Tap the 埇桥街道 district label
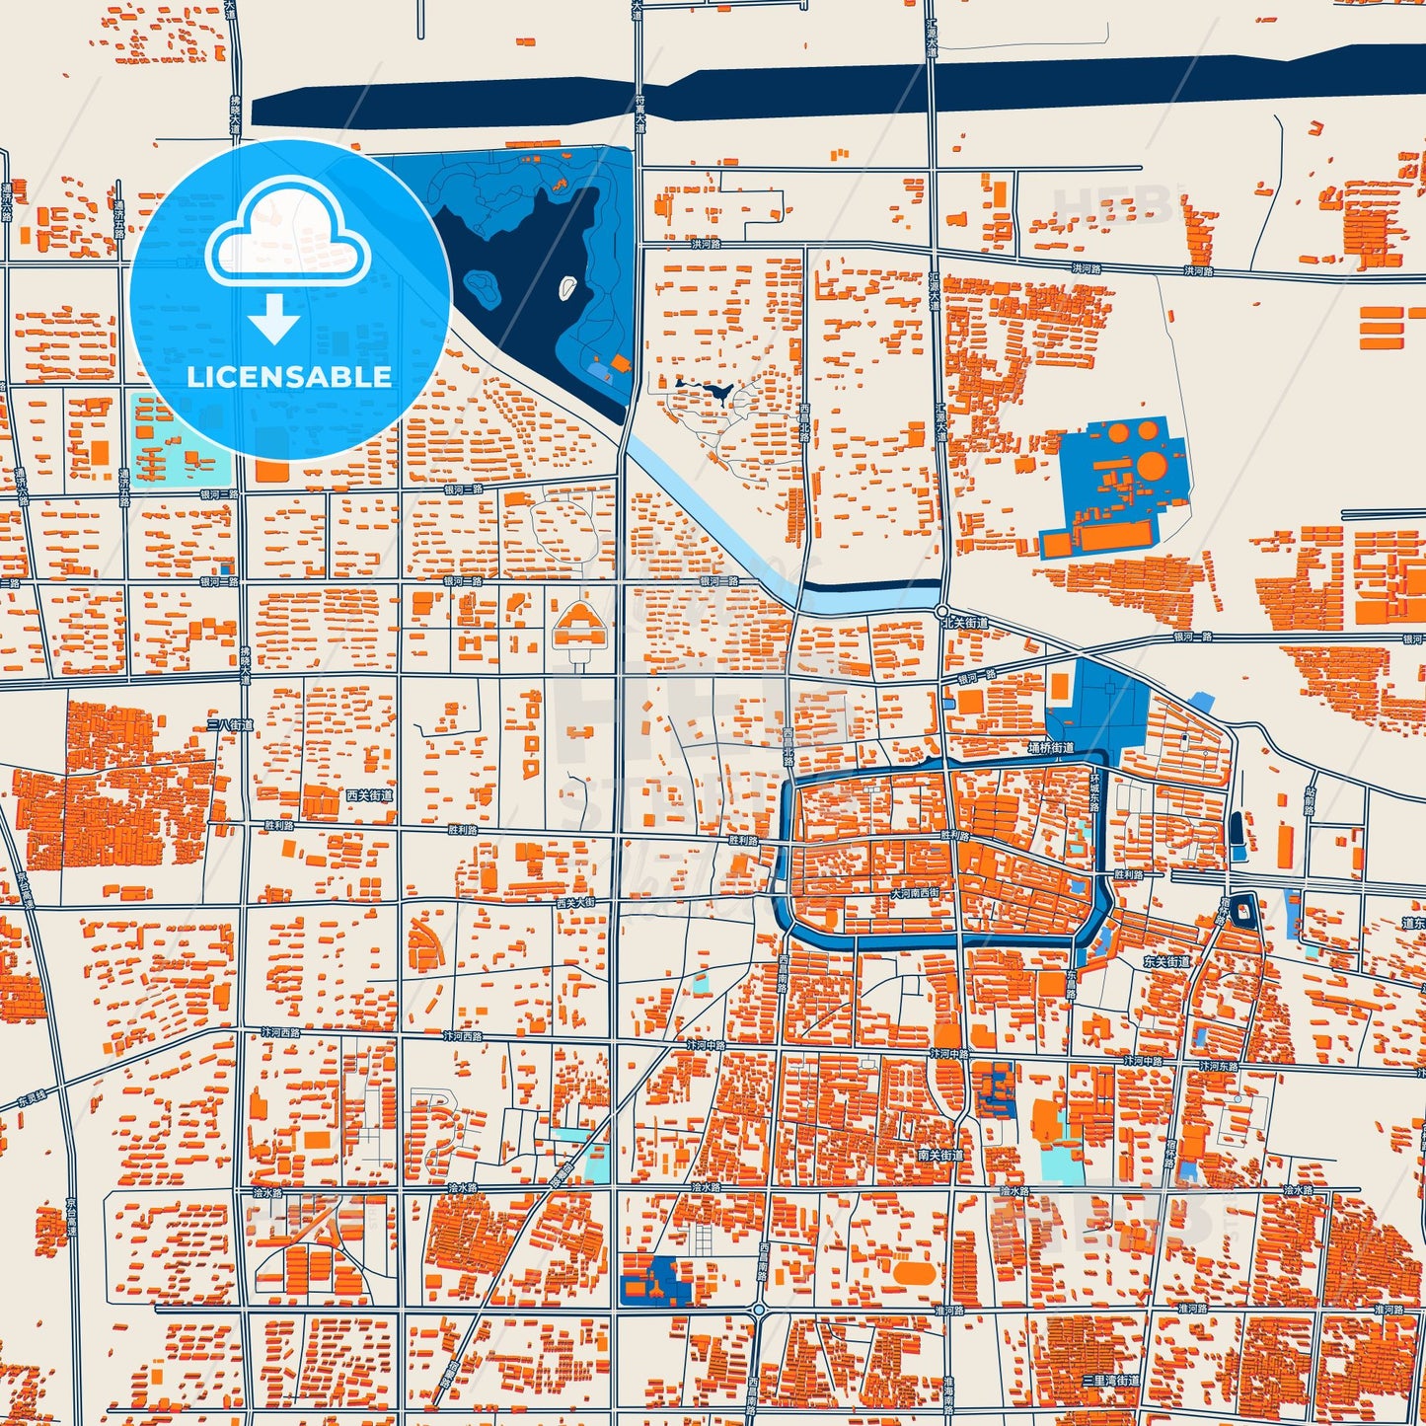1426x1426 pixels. tap(1050, 748)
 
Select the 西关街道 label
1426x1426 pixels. tap(369, 794)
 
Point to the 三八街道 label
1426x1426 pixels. tap(230, 724)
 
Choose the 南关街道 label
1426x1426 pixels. tap(939, 1155)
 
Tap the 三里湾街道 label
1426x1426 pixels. tap(1110, 1380)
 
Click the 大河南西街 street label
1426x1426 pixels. tap(915, 892)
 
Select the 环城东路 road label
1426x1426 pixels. tap(1093, 791)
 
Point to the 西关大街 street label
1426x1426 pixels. tap(575, 902)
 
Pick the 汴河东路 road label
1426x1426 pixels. tap(1217, 1066)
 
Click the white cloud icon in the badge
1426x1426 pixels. tap(287, 234)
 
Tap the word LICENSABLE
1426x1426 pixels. tap(289, 377)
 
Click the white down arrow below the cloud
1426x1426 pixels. tap(274, 318)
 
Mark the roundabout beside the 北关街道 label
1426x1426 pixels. tap(942, 611)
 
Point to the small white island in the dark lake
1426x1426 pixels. tap(567, 287)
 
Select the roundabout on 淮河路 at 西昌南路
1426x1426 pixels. tap(758, 1310)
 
